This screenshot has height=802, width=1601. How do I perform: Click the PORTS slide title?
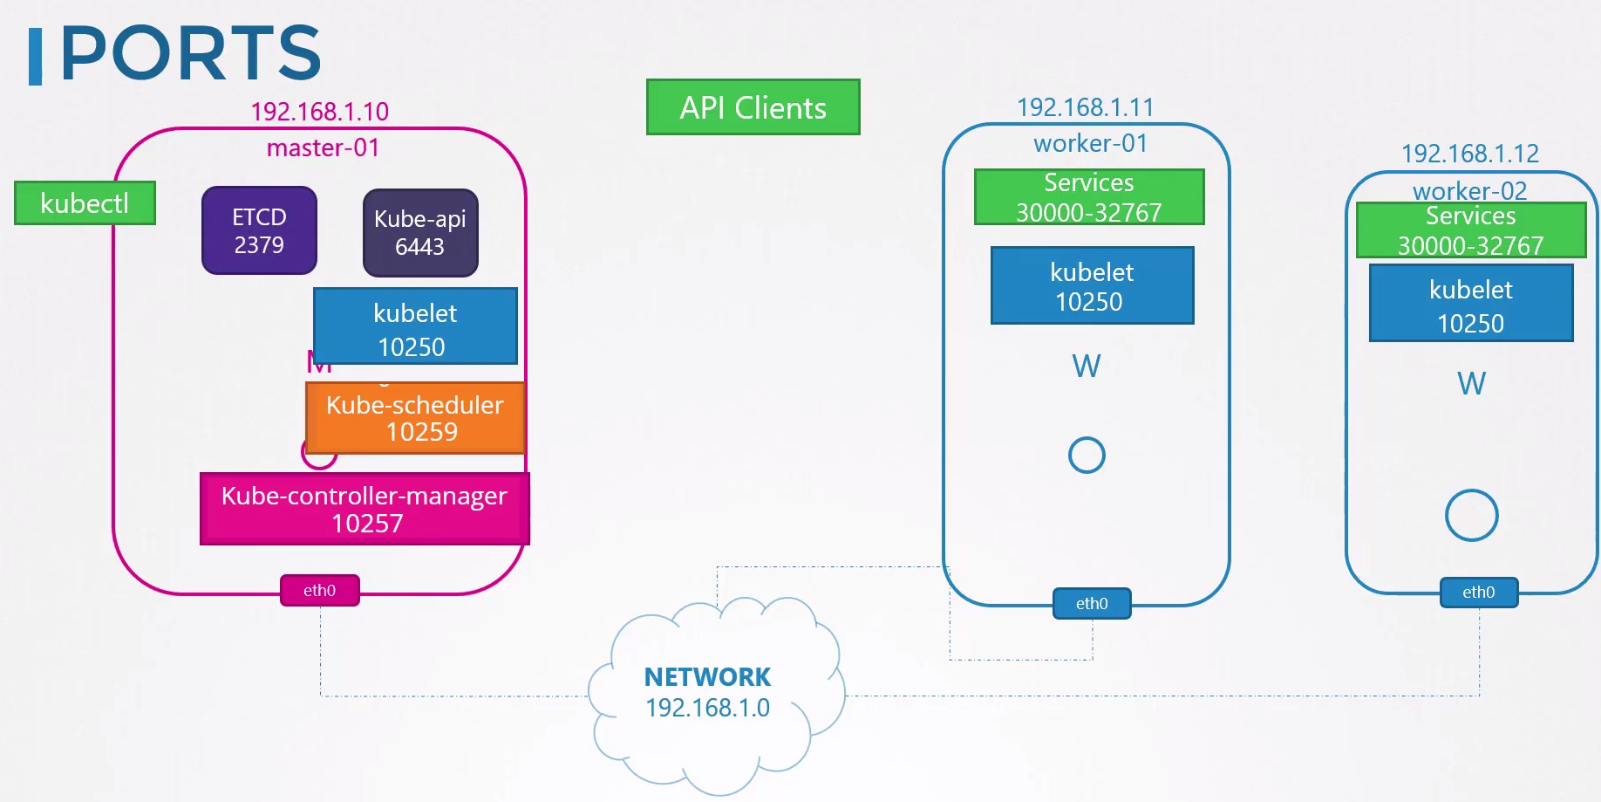pyautogui.click(x=190, y=54)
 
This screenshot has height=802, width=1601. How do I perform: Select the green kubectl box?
pyautogui.click(x=85, y=203)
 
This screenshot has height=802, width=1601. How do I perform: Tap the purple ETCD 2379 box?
pyautogui.click(x=259, y=230)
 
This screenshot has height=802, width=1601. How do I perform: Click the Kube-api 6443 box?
pyautogui.click(x=420, y=233)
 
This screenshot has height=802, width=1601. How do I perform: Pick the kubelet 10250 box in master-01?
pyautogui.click(x=415, y=326)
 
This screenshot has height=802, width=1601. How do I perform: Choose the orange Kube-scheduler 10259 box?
pyautogui.click(x=415, y=418)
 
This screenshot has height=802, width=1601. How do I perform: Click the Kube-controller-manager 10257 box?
pyautogui.click(x=364, y=509)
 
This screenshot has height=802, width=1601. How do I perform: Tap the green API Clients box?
pyautogui.click(x=753, y=107)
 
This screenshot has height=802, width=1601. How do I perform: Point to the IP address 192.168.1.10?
pyautogui.click(x=319, y=112)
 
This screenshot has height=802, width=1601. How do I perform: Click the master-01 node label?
pyautogui.click(x=323, y=147)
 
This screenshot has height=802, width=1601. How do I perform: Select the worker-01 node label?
pyautogui.click(x=1090, y=143)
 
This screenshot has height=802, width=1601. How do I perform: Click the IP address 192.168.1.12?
pyautogui.click(x=1469, y=154)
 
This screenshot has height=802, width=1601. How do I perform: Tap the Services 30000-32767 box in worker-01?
pyautogui.click(x=1089, y=197)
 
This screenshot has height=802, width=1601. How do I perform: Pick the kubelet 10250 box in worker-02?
pyautogui.click(x=1471, y=304)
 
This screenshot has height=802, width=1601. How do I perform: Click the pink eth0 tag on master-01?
pyautogui.click(x=319, y=591)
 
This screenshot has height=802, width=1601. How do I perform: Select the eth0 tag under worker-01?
pyautogui.click(x=1092, y=603)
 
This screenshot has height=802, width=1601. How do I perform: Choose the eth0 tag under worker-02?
pyautogui.click(x=1478, y=593)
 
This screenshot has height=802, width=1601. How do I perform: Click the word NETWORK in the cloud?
pyautogui.click(x=707, y=677)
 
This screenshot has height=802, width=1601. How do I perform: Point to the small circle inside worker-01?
pyautogui.click(x=1087, y=455)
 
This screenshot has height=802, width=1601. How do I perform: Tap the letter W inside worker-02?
pyautogui.click(x=1471, y=384)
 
